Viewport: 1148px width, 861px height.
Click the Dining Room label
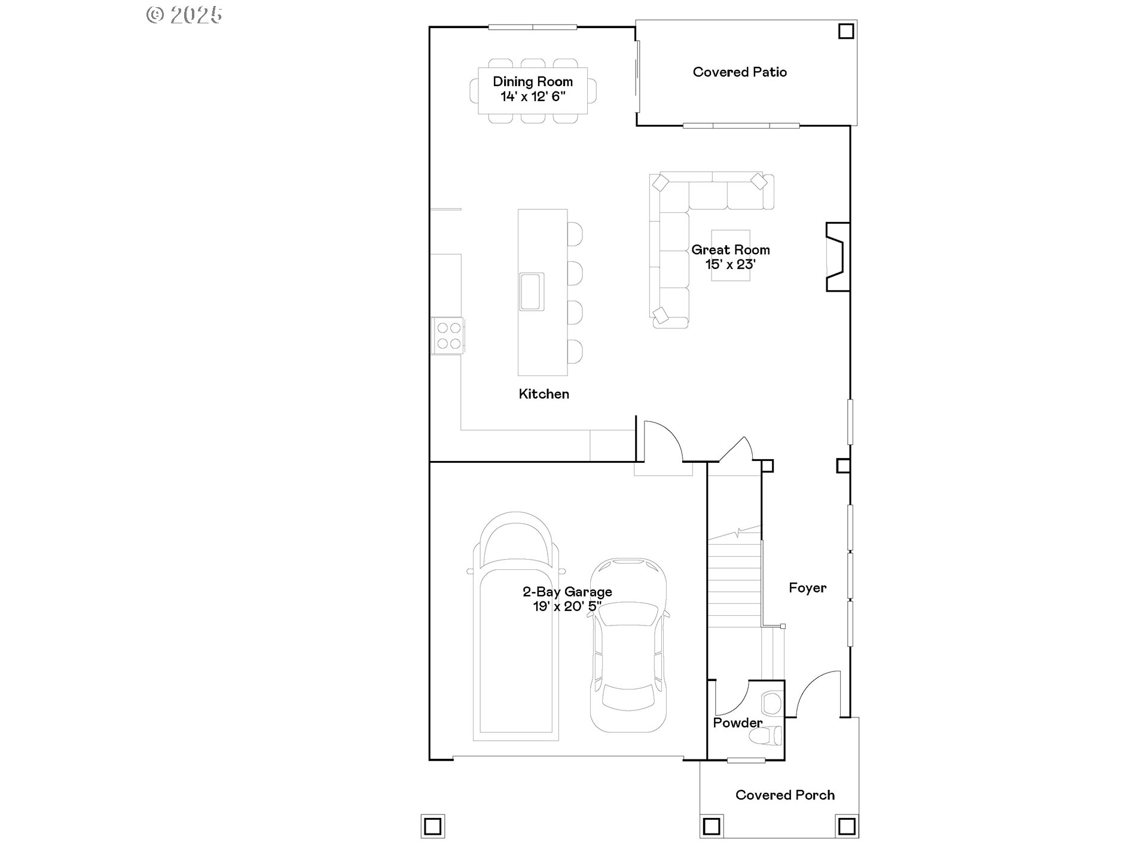point(533,82)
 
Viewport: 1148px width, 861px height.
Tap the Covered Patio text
point(740,72)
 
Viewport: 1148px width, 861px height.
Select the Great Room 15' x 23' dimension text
point(731,264)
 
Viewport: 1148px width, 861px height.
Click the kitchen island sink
point(532,292)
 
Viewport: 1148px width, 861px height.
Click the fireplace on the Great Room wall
point(837,257)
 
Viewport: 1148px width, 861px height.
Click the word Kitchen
point(544,394)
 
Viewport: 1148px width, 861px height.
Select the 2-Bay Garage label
point(567,592)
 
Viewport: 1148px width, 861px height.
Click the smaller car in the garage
point(628,646)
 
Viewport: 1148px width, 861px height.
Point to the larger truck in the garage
point(515,628)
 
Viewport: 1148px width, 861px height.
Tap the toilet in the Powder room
point(769,735)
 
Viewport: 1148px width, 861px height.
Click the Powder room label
point(737,723)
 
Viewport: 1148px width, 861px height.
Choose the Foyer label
point(807,588)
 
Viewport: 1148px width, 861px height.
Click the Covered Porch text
point(784,795)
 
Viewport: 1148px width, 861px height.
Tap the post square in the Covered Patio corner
point(845,31)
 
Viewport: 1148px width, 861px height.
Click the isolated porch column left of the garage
point(432,826)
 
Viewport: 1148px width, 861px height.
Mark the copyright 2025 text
point(185,15)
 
